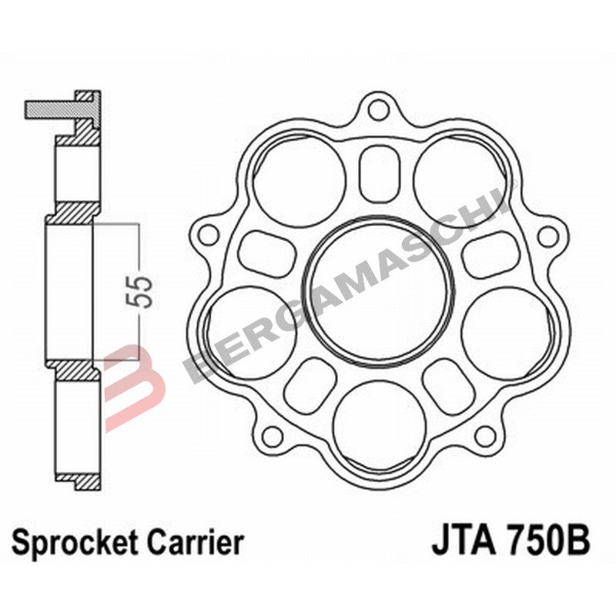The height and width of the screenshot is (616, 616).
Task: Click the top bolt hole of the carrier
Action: (x=377, y=109)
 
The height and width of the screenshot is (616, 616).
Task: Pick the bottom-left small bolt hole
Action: (x=271, y=436)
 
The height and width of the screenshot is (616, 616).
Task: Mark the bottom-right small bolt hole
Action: (x=484, y=436)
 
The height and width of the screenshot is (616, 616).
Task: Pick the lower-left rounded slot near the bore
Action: (x=310, y=380)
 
